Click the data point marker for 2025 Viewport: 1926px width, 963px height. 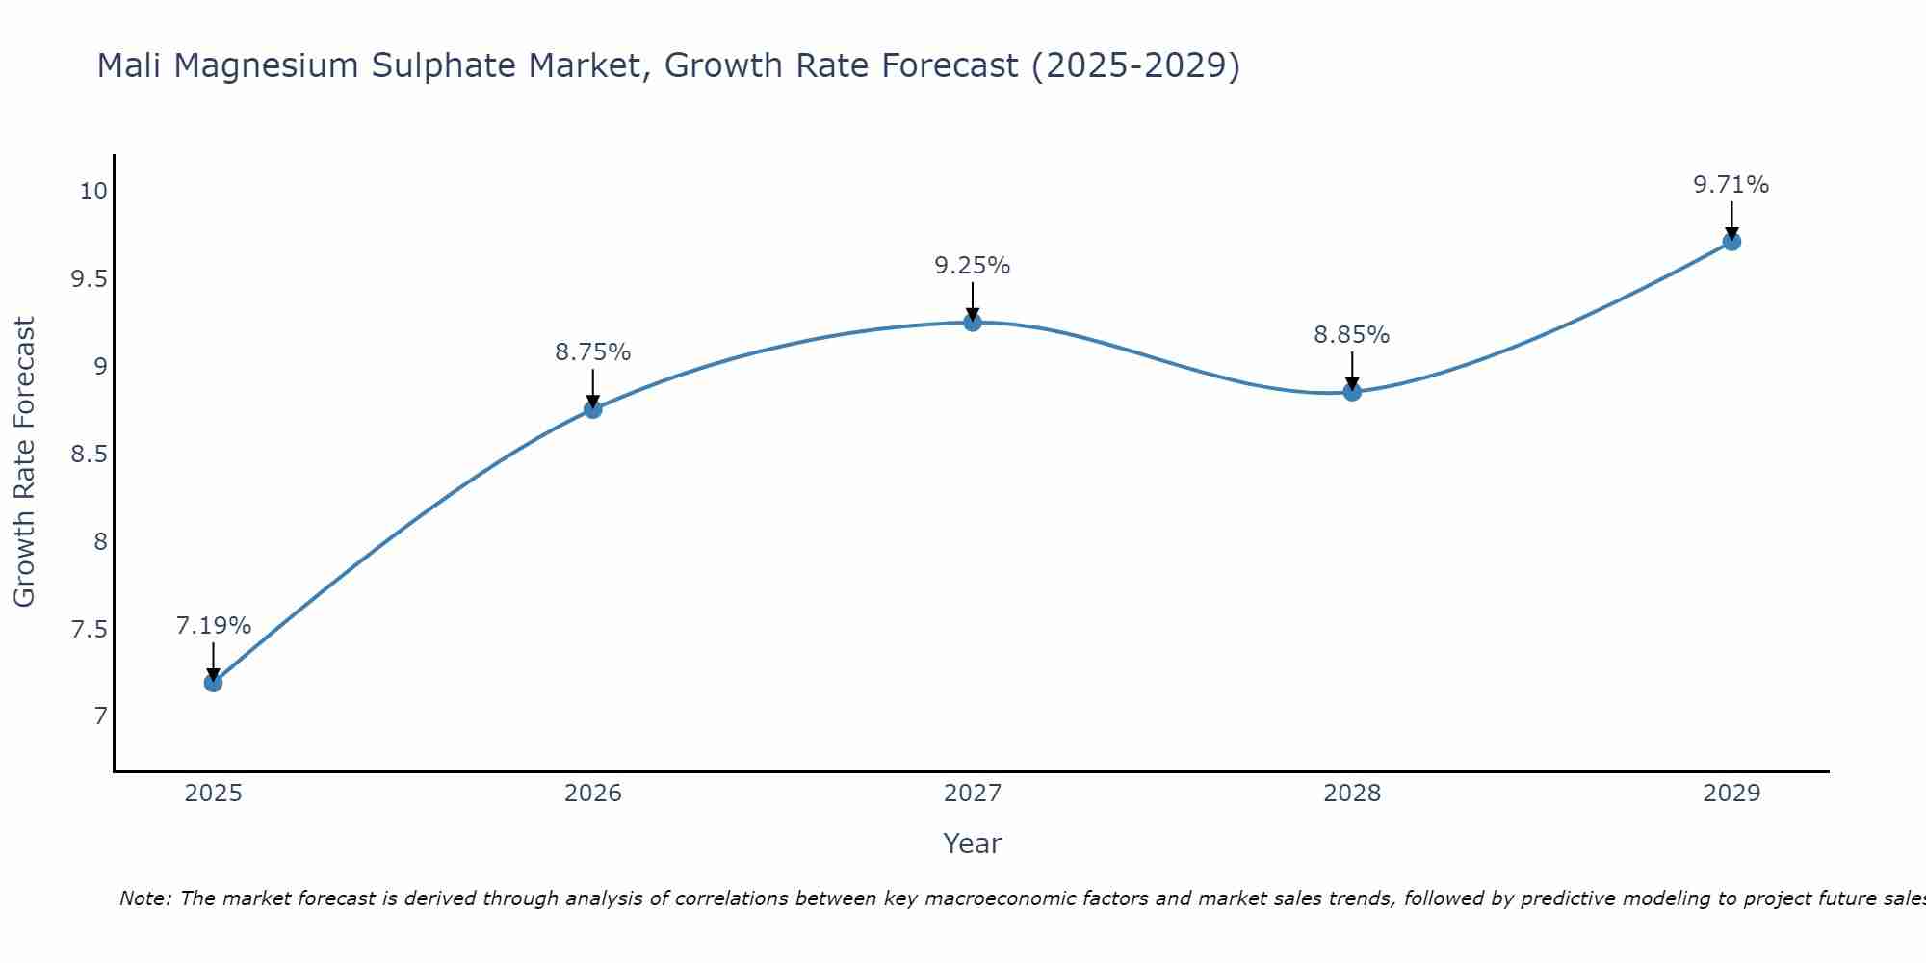point(213,683)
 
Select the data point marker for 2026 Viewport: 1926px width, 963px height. point(592,409)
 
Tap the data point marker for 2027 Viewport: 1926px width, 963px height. point(973,323)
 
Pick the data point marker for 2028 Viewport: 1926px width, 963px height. point(1352,392)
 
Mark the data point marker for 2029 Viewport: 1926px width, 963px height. point(1731,242)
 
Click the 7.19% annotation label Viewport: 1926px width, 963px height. point(213,626)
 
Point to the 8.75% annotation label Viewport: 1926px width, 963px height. point(592,352)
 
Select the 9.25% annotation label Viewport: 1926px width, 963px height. point(973,266)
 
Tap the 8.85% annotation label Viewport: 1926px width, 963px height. point(1352,335)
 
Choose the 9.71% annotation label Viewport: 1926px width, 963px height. point(1731,185)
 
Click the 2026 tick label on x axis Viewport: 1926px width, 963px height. point(592,794)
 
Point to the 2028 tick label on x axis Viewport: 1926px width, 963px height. point(1352,794)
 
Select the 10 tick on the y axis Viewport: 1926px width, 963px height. point(92,192)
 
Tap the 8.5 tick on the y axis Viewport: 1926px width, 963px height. point(88,455)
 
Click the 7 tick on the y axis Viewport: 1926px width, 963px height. point(100,716)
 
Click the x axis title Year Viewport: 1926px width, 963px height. point(973,844)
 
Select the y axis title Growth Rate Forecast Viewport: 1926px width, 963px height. point(24,462)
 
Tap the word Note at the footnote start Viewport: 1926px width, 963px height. point(144,898)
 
